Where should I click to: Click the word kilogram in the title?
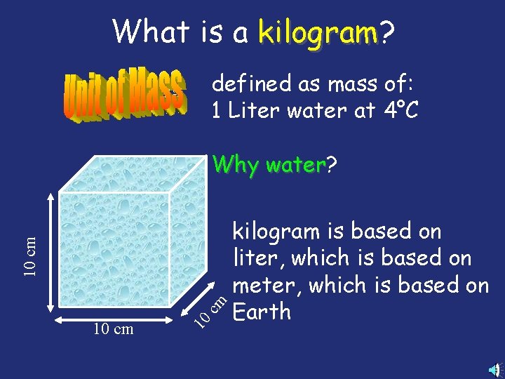pyautogui.click(x=317, y=32)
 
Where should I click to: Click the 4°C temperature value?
pyautogui.click(x=399, y=111)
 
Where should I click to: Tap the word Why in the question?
pyautogui.click(x=235, y=165)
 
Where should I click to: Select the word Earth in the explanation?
pyautogui.click(x=261, y=311)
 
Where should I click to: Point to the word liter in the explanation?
pyautogui.click(x=256, y=258)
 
